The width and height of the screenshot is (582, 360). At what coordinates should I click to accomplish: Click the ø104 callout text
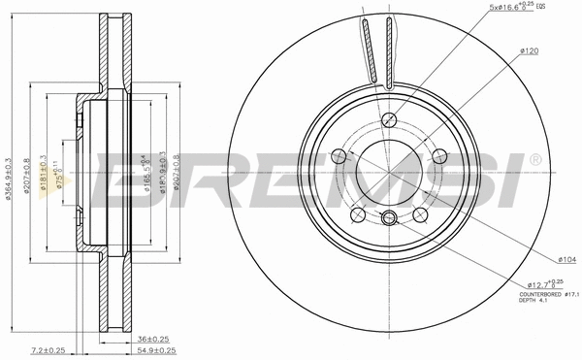[542, 260]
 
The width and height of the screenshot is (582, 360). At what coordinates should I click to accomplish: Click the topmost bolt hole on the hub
[389, 120]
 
